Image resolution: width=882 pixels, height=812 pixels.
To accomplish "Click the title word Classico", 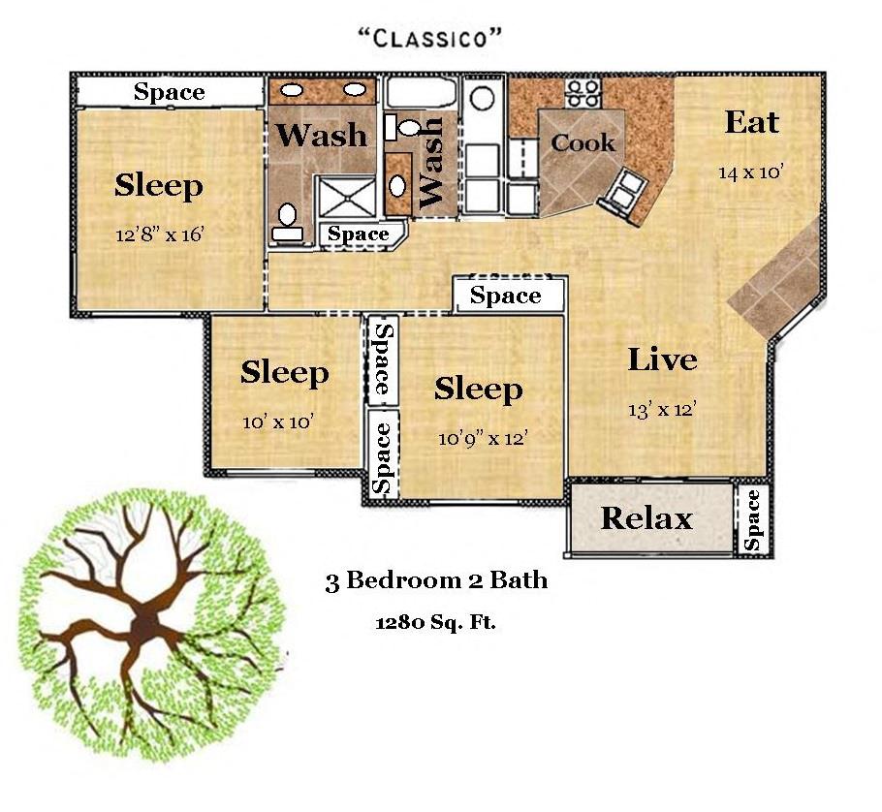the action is (429, 38).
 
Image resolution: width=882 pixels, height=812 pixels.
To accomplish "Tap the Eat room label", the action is (751, 122).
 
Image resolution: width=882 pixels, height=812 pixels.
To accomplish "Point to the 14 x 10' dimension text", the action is (751, 172).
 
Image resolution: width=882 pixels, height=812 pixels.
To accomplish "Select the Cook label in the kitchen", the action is (583, 142).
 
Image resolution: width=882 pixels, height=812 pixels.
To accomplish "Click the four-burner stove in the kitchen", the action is (583, 93).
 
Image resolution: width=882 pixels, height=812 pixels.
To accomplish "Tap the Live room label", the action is (662, 359).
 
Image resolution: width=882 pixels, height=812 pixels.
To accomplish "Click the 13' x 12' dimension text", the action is (663, 409).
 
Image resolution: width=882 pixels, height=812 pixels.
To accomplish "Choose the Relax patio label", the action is (646, 517).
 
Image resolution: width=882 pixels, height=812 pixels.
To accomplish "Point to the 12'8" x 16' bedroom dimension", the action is (159, 234).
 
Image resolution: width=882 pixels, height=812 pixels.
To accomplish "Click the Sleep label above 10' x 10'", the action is (285, 373).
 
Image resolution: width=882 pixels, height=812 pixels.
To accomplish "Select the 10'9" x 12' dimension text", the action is (483, 437).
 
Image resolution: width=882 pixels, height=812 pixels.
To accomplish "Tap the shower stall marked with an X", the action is (346, 197).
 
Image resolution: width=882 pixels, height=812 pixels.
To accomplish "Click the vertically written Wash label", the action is (432, 163).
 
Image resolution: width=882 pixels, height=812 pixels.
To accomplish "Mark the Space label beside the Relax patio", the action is (752, 520).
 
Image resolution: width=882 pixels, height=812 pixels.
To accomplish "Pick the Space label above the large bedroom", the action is (170, 92).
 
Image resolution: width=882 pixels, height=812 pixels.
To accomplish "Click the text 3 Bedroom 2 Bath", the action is (436, 580).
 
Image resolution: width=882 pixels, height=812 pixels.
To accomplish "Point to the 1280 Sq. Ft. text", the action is (435, 622).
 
